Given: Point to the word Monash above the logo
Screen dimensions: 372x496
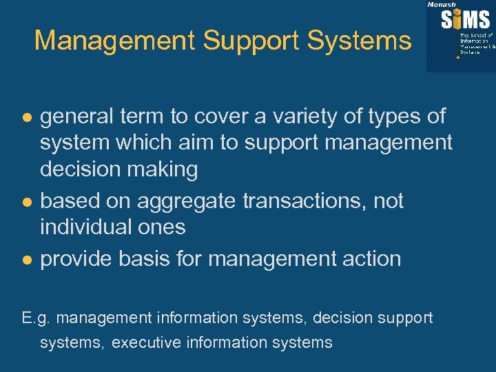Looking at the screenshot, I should point(442,4).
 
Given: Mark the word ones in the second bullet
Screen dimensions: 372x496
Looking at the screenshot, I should point(166,227).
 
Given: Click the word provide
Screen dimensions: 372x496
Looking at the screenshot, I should point(76,259).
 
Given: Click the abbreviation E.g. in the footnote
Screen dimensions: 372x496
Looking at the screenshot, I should point(37,318).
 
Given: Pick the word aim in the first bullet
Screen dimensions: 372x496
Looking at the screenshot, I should point(165,143).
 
